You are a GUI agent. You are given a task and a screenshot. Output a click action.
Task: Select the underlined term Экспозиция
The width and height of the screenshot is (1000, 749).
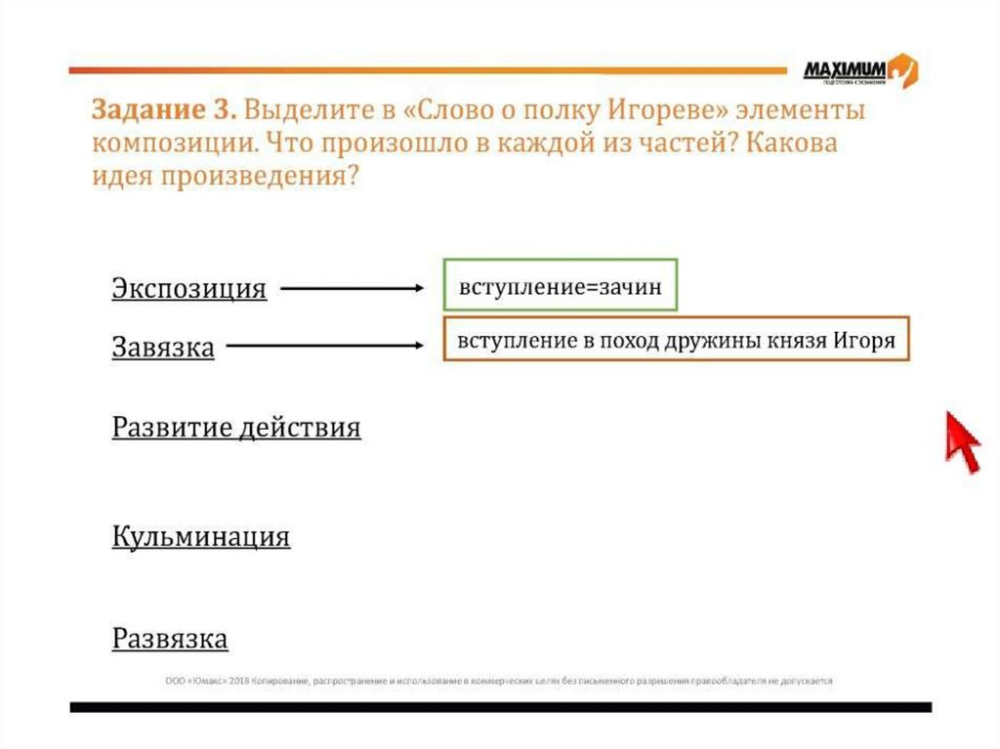188,289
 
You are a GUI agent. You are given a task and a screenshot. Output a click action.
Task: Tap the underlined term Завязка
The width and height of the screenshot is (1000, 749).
163,347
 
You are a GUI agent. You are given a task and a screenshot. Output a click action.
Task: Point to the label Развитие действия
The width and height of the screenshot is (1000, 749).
236,428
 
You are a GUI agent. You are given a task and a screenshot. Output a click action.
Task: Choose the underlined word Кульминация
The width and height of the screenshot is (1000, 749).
201,536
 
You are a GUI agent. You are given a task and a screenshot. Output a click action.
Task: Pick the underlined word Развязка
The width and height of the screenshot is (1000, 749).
170,639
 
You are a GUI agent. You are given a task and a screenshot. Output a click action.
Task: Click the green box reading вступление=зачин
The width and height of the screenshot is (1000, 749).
560,285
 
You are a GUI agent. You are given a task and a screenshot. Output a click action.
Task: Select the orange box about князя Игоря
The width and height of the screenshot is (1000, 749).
676,340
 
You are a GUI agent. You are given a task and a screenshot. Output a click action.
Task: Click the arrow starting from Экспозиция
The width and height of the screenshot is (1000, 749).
352,288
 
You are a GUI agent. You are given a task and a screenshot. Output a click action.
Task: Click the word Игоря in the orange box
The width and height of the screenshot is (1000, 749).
864,341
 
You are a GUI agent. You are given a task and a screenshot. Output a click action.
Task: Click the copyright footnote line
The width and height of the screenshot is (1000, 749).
498,681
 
